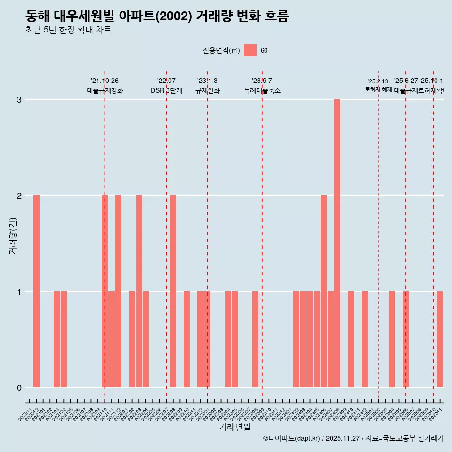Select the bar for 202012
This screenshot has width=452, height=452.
[36, 291]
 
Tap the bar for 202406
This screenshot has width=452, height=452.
[323, 291]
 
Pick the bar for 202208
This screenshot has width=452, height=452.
[173, 291]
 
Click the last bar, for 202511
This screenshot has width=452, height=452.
[440, 339]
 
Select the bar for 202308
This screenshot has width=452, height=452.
[255, 339]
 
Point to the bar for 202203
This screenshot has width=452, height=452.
[139, 291]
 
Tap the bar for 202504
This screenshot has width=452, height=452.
[392, 339]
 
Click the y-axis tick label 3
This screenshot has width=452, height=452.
[19, 100]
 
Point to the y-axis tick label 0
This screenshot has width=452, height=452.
[19, 388]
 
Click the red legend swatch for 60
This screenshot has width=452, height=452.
[250, 50]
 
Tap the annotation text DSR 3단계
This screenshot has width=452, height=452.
[166, 90]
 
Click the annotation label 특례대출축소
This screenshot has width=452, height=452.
[262, 90]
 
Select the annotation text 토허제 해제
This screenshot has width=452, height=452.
[378, 89]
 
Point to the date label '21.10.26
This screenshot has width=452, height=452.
[105, 81]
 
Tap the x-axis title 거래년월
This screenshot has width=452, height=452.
[234, 427]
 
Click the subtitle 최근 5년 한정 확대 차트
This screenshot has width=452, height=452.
[68, 30]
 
